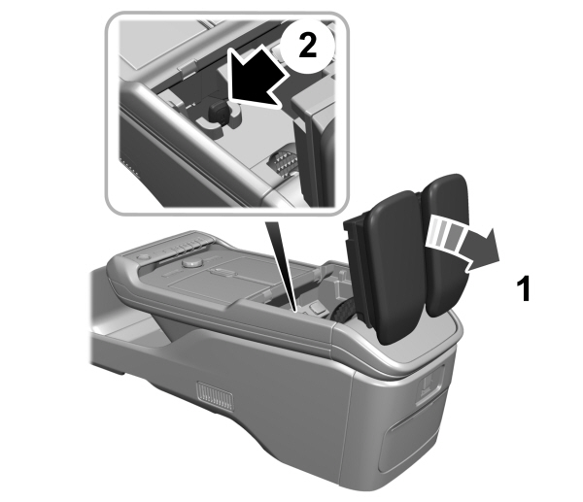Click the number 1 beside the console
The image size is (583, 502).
(x=522, y=289)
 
